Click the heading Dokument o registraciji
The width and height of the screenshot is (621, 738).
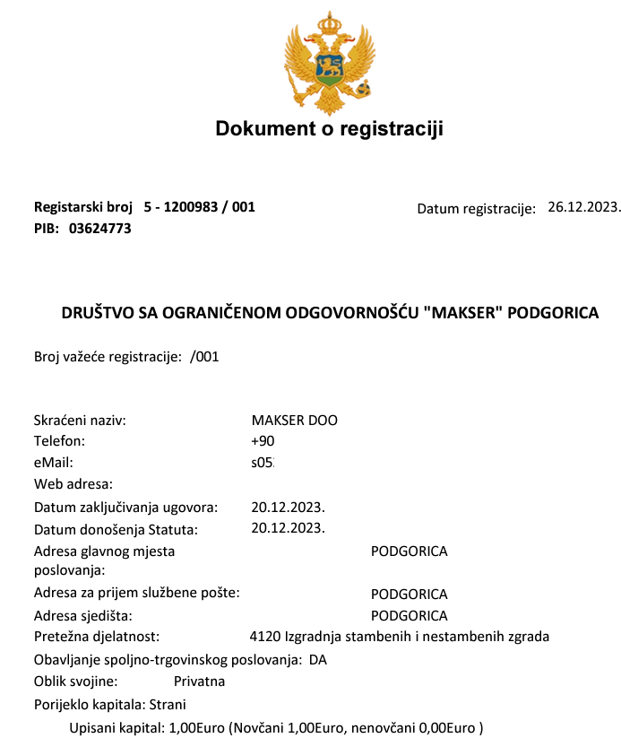[x=329, y=129]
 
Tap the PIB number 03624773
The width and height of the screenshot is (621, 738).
[x=100, y=229]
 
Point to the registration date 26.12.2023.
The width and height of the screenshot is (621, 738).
[x=583, y=207]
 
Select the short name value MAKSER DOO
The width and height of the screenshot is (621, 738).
[x=295, y=421]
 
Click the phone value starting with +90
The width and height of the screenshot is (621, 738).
[x=263, y=441]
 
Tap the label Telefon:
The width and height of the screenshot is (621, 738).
[x=59, y=441]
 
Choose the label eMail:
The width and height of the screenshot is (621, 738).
[x=53, y=463]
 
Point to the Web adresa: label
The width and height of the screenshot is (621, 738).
[x=73, y=484]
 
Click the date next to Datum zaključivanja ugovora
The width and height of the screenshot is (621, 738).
[x=288, y=507]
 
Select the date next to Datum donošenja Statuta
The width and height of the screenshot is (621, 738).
[x=288, y=527]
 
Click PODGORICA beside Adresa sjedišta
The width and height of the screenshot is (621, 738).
[x=409, y=616]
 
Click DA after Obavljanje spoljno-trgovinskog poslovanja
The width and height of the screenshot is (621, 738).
[x=318, y=660]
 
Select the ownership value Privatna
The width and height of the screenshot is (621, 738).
[x=199, y=682]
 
